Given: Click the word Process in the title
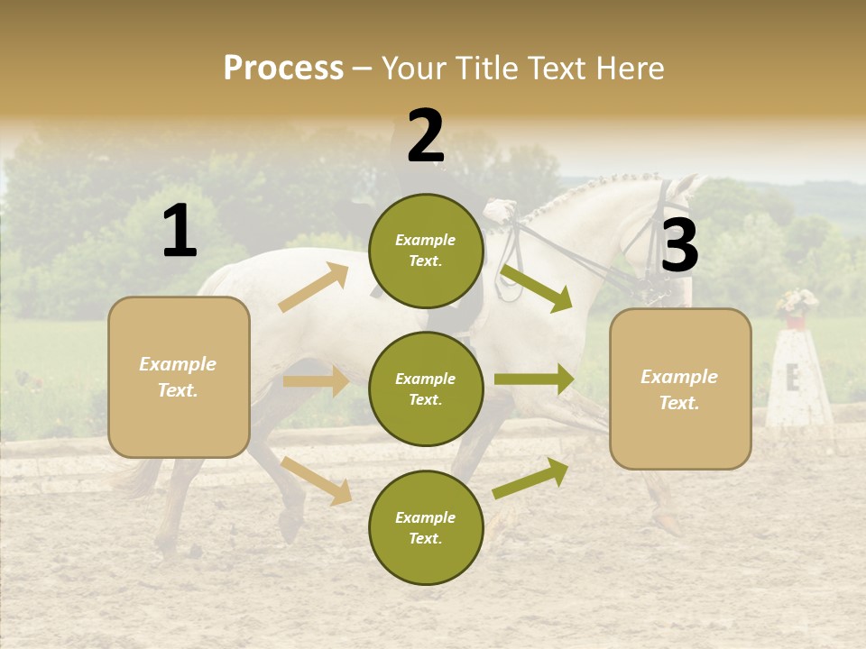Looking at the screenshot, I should coord(283,69).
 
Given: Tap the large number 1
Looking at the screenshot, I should coord(180,232).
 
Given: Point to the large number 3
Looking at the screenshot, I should coord(680,245).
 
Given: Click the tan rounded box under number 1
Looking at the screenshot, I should coord(179,377).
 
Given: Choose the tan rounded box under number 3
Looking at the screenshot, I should coord(680,389).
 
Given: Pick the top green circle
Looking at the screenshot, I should coord(426,251).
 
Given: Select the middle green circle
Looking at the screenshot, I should coord(426,389).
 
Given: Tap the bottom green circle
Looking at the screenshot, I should coord(426,528).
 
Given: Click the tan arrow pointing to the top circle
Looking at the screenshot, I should coord(314,288).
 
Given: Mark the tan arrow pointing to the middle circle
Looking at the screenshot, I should coord(316,381).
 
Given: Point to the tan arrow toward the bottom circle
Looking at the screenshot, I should coord(316,480).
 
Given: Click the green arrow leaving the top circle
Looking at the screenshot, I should coord(536,288).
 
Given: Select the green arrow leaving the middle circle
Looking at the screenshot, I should coord(534,379).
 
